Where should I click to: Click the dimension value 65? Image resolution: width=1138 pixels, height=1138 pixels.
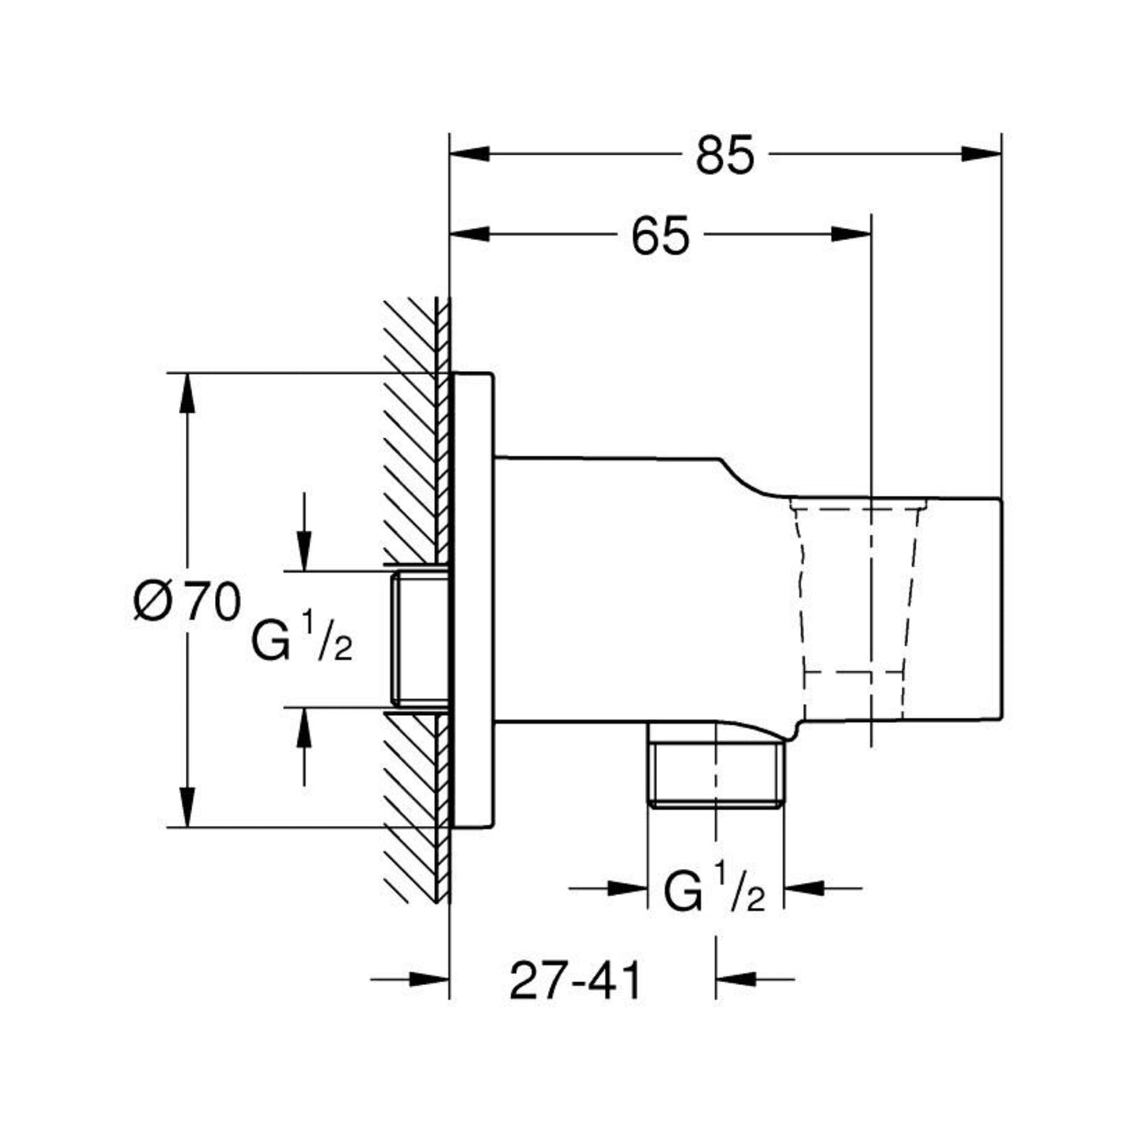[660, 235]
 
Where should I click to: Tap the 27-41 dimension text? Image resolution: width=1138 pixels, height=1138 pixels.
[576, 981]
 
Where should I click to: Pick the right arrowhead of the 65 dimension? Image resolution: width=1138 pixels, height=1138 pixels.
[851, 234]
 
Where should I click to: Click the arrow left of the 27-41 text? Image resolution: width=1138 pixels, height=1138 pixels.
[428, 980]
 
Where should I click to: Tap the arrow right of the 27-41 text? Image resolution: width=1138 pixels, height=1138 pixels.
[736, 980]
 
